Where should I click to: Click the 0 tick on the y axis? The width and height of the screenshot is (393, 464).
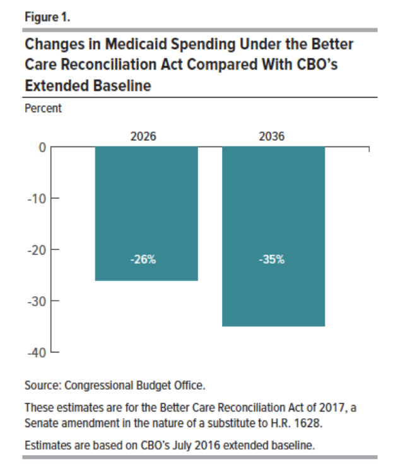[x=42, y=147]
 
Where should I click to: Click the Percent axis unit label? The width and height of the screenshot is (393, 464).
[x=43, y=108]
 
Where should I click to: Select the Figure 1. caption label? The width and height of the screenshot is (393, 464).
[x=47, y=16]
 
